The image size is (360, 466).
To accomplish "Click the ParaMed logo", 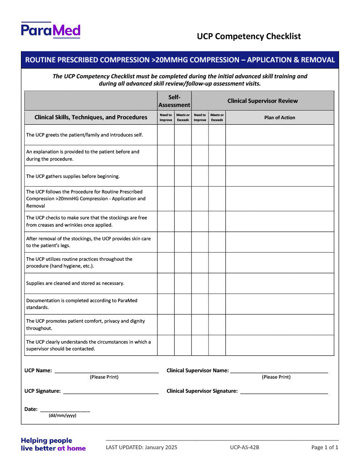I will [51, 30].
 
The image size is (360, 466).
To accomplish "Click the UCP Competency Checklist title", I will [248, 36].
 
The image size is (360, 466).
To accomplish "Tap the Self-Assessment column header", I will [174, 101].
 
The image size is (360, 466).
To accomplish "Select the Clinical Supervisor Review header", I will [263, 101].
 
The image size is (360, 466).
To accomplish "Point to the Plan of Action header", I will [279, 117].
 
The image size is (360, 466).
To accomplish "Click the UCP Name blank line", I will [106, 372].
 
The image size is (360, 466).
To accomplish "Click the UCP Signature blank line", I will [111, 392].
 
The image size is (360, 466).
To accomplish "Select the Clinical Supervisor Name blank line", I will [279, 372].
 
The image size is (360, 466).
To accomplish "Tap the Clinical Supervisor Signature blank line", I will [284, 392].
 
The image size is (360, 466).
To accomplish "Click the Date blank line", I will [65, 411].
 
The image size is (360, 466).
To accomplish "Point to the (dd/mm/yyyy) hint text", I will [62, 415].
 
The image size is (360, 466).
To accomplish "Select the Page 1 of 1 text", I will [325, 447].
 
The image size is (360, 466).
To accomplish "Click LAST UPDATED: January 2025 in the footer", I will [142, 447].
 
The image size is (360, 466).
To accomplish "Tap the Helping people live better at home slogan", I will [53, 444].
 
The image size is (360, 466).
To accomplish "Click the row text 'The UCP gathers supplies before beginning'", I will [73, 176].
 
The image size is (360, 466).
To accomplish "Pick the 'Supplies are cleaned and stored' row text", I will [75, 283].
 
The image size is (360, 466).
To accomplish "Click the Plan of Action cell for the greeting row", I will [279, 135].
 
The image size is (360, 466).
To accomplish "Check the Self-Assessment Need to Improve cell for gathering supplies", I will [166, 176].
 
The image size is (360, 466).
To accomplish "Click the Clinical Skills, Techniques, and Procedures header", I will [91, 117].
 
